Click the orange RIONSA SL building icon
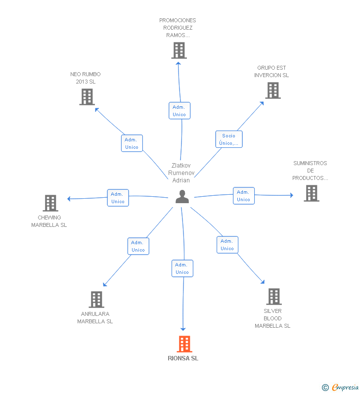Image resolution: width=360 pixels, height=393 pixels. (x=184, y=344)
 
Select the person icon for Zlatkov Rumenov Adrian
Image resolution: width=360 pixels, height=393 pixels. (x=182, y=197)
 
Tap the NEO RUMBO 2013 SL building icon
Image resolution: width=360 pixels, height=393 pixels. (x=87, y=97)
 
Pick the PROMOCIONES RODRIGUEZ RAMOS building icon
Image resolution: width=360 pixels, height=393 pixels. (x=179, y=50)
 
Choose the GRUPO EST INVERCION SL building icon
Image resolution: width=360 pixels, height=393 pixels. (x=272, y=90)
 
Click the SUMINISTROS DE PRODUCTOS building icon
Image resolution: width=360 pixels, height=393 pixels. (x=312, y=193)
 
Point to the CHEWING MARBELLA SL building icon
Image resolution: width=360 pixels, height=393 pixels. (x=50, y=203)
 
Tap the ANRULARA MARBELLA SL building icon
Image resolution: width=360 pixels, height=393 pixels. (x=96, y=299)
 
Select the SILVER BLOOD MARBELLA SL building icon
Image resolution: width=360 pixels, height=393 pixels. (x=273, y=297)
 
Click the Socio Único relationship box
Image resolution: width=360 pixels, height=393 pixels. (x=229, y=139)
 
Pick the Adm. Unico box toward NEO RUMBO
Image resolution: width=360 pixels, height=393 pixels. (x=132, y=143)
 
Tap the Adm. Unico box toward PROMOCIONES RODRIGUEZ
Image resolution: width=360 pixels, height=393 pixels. (x=179, y=111)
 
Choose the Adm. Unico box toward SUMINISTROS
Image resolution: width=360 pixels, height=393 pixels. (x=243, y=196)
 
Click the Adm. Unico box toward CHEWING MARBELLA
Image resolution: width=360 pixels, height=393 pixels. (x=118, y=198)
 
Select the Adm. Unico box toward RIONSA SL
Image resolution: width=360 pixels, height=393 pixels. (x=182, y=268)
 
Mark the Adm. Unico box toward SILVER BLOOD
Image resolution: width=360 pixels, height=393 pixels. (x=227, y=245)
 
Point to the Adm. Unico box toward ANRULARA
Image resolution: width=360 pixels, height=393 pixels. (x=138, y=246)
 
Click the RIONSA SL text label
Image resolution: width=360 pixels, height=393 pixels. (x=183, y=358)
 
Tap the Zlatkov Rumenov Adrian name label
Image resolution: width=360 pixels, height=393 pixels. (x=181, y=173)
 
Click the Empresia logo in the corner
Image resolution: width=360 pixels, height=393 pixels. (x=341, y=388)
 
